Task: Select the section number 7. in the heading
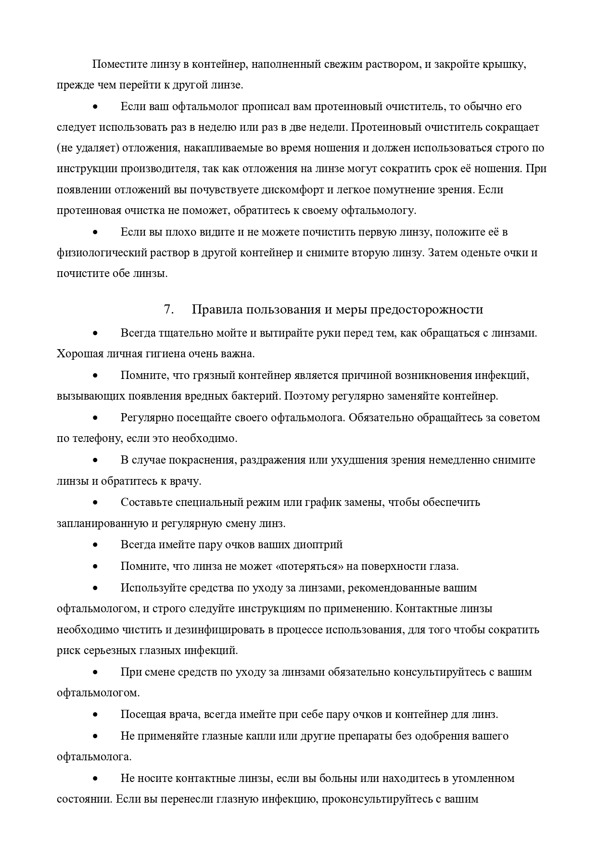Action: coord(169,309)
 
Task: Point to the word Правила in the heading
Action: coord(216,309)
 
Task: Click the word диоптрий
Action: coord(319,545)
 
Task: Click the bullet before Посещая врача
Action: coord(95,715)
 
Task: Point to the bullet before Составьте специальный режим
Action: coord(95,503)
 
